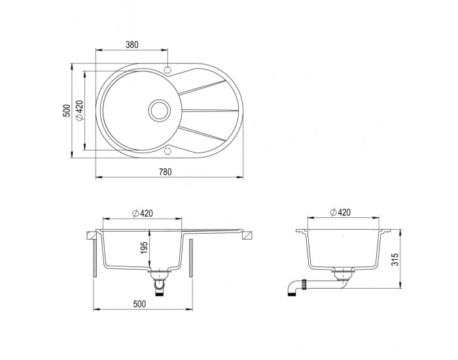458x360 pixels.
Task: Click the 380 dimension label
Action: pyautogui.click(x=132, y=45)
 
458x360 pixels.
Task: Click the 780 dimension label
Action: pyautogui.click(x=166, y=172)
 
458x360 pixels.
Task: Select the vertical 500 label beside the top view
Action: pyautogui.click(x=67, y=111)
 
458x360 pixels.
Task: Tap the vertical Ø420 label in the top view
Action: pyautogui.click(x=80, y=110)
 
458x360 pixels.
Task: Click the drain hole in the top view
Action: pyautogui.click(x=159, y=110)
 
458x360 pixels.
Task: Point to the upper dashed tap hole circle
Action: pyautogui.click(x=167, y=70)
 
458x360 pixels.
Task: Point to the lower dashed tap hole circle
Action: pyautogui.click(x=167, y=151)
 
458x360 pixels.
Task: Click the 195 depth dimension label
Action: pyautogui.click(x=144, y=247)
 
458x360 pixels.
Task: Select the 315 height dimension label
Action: pyautogui.click(x=395, y=259)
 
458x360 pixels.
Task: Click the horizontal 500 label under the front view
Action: pyautogui.click(x=139, y=304)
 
